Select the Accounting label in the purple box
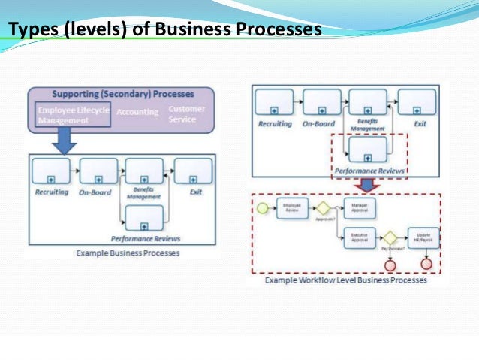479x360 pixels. (x=137, y=113)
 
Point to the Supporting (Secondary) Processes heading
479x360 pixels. (x=123, y=95)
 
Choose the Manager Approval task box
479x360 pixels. (x=357, y=207)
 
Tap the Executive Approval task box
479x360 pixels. (x=357, y=238)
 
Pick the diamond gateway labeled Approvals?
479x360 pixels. (x=322, y=207)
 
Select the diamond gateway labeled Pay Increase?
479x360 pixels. (x=390, y=238)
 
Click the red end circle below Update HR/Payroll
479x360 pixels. (x=426, y=264)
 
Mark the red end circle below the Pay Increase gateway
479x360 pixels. (x=390, y=264)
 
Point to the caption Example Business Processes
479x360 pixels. (x=128, y=253)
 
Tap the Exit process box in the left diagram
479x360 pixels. (x=194, y=171)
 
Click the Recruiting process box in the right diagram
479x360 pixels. (x=274, y=102)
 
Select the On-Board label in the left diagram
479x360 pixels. (x=95, y=192)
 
